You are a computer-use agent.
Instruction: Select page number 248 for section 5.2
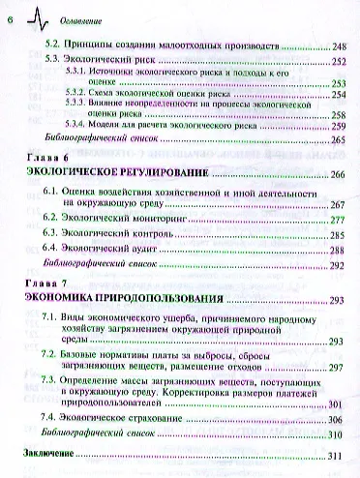click(x=340, y=45)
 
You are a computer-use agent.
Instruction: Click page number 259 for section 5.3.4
click(x=339, y=125)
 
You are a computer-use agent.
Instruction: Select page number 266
click(x=339, y=173)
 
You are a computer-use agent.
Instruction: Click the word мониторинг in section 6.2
click(x=182, y=220)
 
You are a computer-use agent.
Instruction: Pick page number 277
click(x=339, y=220)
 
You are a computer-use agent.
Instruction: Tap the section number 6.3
click(x=56, y=234)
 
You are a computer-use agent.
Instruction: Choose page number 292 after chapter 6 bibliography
click(x=339, y=264)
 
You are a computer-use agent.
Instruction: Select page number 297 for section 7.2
click(x=339, y=369)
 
